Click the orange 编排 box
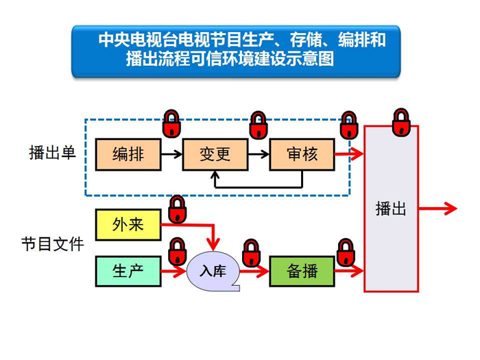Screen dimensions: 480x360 pyautogui.click(x=128, y=154)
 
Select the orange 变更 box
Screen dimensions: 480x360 pyautogui.click(x=215, y=154)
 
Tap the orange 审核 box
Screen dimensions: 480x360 pyautogui.click(x=302, y=154)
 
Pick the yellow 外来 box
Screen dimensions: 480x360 pyautogui.click(x=128, y=225)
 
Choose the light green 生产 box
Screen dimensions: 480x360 pyautogui.click(x=128, y=272)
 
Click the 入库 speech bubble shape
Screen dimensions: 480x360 pyautogui.click(x=213, y=272)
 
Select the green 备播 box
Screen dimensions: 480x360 pyautogui.click(x=302, y=272)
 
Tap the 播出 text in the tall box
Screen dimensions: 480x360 pyautogui.click(x=391, y=208)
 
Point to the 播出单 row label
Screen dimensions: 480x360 pyautogui.click(x=52, y=152)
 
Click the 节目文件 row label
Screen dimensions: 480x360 pyautogui.click(x=53, y=244)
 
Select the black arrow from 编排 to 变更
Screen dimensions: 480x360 pyautogui.click(x=171, y=154)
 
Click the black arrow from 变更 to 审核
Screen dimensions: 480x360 pyautogui.click(x=259, y=154)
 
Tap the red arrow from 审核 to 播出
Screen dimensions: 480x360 pyautogui.click(x=349, y=154)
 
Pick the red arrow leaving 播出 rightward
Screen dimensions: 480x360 pyautogui.click(x=437, y=208)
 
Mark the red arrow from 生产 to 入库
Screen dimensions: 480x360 pyautogui.click(x=174, y=271)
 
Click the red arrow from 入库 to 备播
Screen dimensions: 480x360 pyautogui.click(x=254, y=271)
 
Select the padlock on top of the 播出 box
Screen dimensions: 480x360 pyautogui.click(x=401, y=122)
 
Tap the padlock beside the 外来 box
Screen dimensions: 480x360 pyautogui.click(x=178, y=209)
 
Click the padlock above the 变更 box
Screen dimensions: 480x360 pyautogui.click(x=259, y=125)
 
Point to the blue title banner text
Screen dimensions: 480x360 pyautogui.click(x=242, y=49)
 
